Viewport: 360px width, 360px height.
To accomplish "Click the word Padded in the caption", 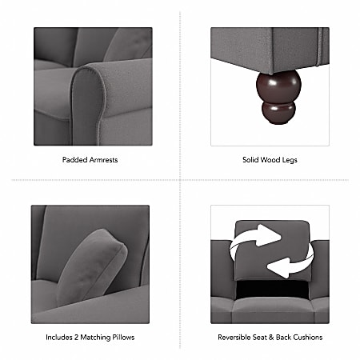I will pyautogui.click(x=74, y=160).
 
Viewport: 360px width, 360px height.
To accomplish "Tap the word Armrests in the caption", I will pyautogui.click(x=103, y=160).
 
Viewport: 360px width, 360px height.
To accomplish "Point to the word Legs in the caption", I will pyautogui.click(x=289, y=160).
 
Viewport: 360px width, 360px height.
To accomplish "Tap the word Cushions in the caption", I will pyautogui.click(x=308, y=337).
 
